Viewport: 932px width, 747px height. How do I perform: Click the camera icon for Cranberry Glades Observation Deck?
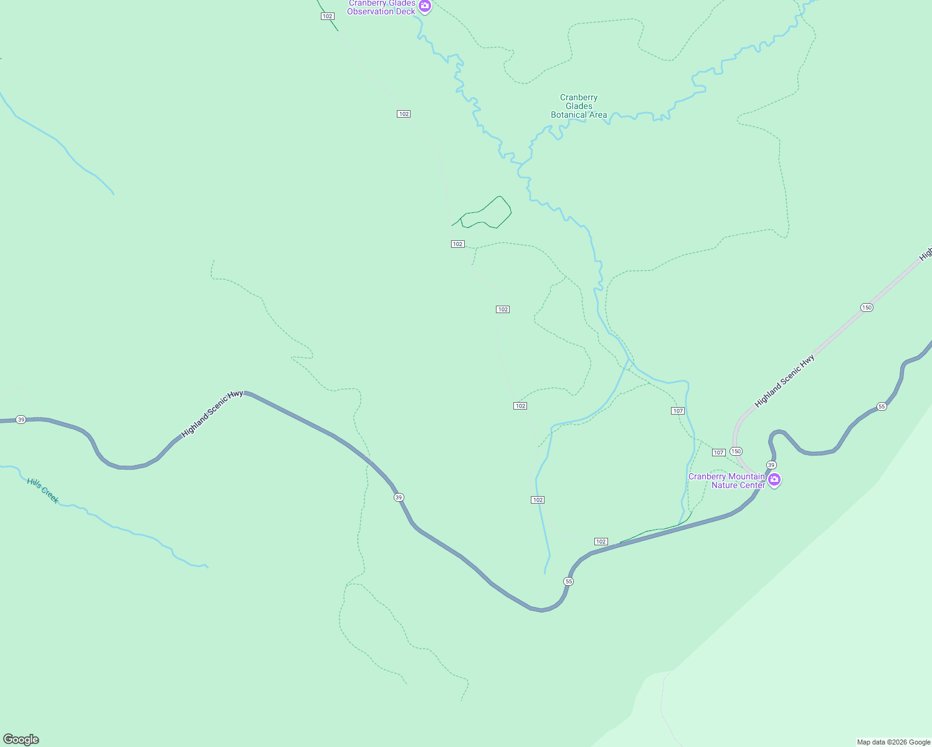click(425, 7)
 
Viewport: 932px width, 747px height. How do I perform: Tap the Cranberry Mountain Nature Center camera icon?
click(774, 479)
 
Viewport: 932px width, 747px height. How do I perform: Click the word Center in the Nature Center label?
click(751, 486)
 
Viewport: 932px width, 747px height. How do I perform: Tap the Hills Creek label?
click(43, 491)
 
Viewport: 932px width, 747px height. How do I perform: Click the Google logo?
click(21, 740)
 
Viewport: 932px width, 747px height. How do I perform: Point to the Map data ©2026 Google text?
click(893, 742)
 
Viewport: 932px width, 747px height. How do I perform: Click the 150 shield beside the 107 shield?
click(736, 451)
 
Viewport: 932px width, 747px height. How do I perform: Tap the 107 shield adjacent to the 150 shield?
click(718, 453)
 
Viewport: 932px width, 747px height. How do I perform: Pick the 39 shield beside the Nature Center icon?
click(771, 465)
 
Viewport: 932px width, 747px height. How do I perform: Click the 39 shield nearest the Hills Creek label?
click(21, 420)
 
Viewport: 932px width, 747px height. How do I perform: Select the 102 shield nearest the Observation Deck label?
click(328, 16)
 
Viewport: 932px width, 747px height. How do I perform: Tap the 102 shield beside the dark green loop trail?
click(458, 244)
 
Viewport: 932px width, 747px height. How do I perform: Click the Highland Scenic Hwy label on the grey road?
click(784, 382)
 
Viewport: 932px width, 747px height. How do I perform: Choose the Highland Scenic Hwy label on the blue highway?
click(212, 413)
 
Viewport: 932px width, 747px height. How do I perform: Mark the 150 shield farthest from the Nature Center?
click(867, 308)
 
